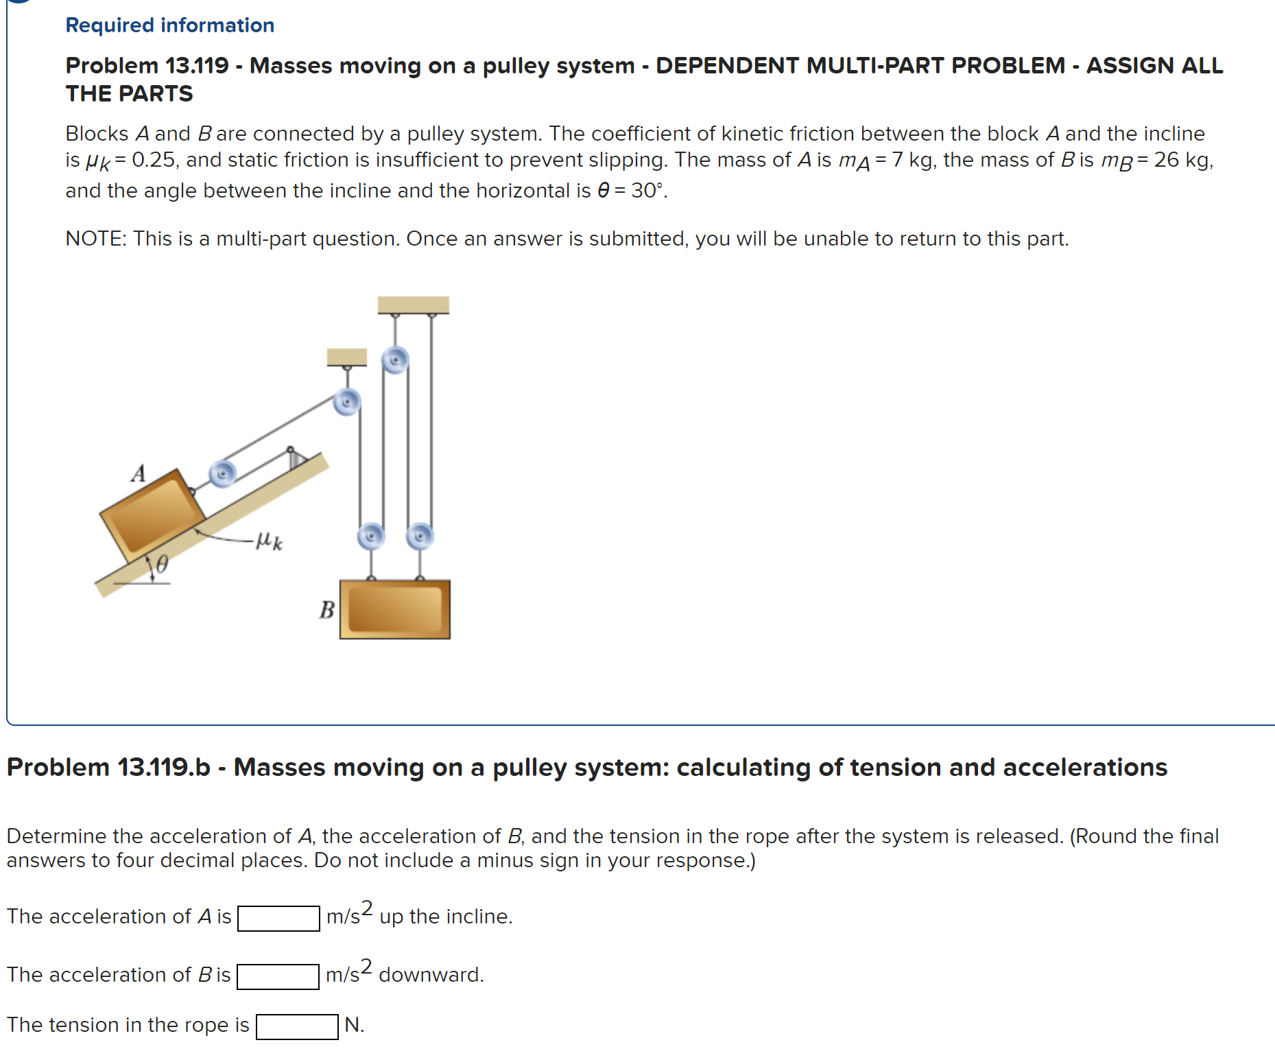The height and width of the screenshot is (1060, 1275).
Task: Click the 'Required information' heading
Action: pyautogui.click(x=169, y=25)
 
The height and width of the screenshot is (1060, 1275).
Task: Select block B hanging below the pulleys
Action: pyautogui.click(x=395, y=609)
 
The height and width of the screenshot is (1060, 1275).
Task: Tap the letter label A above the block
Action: pyautogui.click(x=139, y=473)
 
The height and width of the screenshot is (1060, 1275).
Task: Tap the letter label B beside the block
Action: pyautogui.click(x=327, y=609)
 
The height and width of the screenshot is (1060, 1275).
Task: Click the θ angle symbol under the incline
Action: pyautogui.click(x=162, y=564)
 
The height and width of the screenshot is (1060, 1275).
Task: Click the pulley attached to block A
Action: pyautogui.click(x=222, y=473)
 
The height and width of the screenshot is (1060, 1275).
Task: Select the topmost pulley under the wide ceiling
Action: pyautogui.click(x=395, y=360)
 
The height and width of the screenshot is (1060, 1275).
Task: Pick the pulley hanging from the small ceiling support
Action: pyautogui.click(x=347, y=401)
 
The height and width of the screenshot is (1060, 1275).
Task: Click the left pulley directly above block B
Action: pyautogui.click(x=371, y=536)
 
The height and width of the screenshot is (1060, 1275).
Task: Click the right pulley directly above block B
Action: pyautogui.click(x=420, y=536)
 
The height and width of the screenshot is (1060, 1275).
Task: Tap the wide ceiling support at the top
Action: pyautogui.click(x=413, y=305)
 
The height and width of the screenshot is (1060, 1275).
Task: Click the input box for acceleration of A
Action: pyautogui.click(x=278, y=918)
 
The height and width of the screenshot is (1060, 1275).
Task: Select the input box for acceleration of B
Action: pyautogui.click(x=278, y=976)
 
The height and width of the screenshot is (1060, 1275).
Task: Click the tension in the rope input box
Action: pyautogui.click(x=297, y=1026)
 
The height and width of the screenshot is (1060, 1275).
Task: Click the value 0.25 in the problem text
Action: pyautogui.click(x=154, y=160)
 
